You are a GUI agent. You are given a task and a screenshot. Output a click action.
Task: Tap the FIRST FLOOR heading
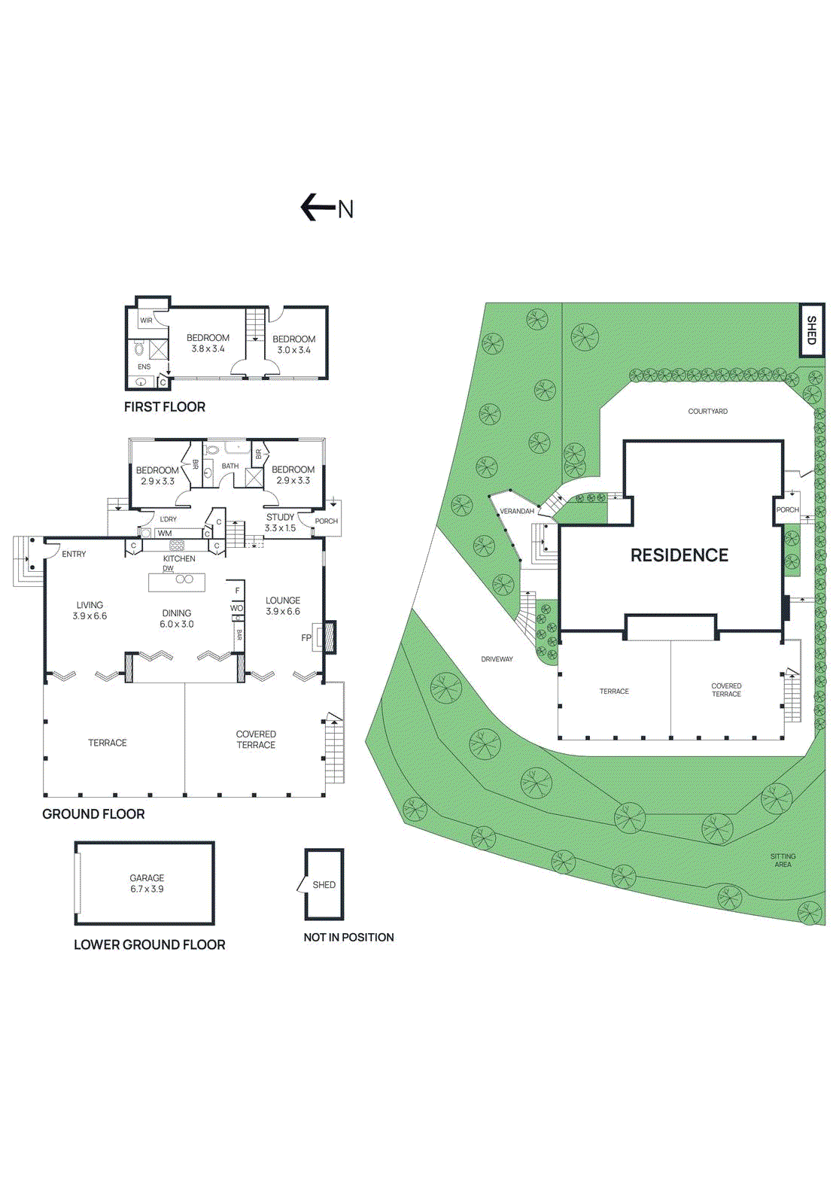tap(164, 407)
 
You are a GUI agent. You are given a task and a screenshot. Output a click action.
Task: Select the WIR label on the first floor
tap(146, 321)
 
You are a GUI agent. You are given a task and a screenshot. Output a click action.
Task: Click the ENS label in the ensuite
tap(144, 367)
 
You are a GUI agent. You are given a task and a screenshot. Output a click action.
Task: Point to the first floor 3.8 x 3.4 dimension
tap(208, 349)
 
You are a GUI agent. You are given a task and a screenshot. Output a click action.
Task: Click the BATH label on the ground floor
tap(230, 467)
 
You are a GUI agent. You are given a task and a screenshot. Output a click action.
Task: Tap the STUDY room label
tap(280, 518)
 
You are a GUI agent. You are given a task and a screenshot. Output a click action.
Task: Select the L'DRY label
tap(168, 519)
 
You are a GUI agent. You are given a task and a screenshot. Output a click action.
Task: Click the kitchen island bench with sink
tap(177, 582)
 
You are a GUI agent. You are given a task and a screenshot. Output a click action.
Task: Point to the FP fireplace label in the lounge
tap(306, 638)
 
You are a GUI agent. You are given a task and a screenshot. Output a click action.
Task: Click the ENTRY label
tap(74, 555)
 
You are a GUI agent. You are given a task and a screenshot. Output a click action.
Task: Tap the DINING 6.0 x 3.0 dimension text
tap(177, 625)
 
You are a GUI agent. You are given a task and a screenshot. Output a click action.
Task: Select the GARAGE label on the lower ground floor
tap(147, 878)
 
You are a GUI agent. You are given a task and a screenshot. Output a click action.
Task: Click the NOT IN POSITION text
tap(348, 938)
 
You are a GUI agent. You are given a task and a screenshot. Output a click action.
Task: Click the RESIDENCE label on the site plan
tap(679, 555)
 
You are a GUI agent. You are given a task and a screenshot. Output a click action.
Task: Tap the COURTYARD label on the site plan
tap(707, 412)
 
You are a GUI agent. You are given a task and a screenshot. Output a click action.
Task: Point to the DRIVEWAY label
tap(497, 659)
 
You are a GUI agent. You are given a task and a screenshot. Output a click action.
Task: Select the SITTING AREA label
tap(783, 860)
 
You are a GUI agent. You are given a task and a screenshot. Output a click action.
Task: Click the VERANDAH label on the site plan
tap(517, 512)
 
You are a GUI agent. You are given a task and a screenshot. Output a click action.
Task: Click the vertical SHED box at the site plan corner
tap(811, 330)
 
